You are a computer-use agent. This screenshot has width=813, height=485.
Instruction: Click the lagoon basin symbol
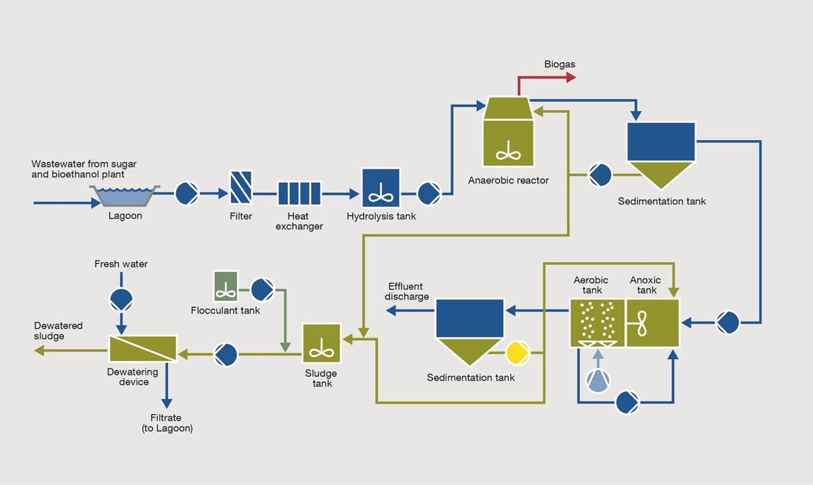point(125,195)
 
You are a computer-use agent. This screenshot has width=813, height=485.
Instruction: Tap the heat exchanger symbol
point(299,194)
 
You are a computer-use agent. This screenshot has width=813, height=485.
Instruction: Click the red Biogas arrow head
point(570,78)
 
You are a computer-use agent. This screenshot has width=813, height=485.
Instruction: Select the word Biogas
point(559,64)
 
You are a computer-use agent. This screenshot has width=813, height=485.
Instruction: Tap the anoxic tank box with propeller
point(652,322)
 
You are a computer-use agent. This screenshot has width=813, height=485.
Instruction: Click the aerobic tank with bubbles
point(598,322)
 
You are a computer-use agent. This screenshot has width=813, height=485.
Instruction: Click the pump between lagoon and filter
point(186,194)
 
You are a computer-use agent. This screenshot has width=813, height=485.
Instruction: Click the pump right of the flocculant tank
point(262,290)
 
